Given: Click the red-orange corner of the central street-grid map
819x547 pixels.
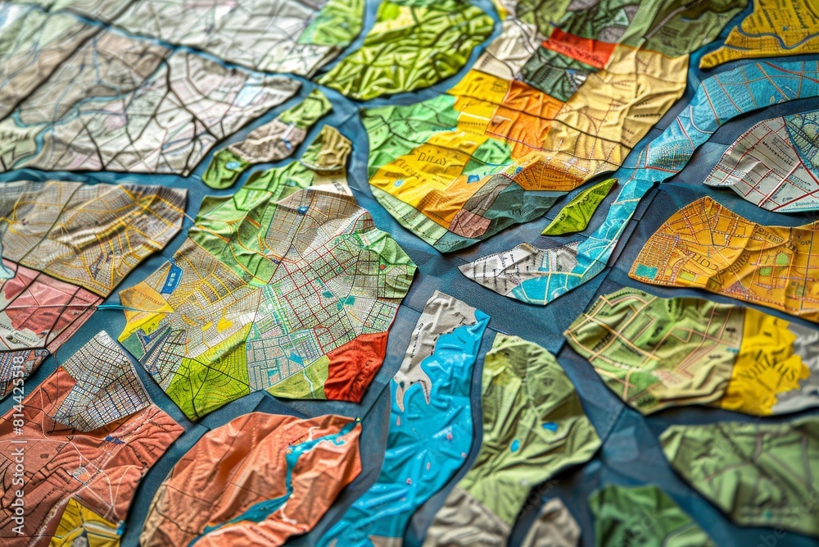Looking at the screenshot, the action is pyautogui.click(x=355, y=367).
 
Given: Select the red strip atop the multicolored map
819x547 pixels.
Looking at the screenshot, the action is pyautogui.click(x=578, y=48).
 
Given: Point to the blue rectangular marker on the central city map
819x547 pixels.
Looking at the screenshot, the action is pyautogui.click(x=171, y=279).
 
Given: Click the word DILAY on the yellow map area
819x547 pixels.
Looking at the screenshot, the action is pyautogui.click(x=431, y=159).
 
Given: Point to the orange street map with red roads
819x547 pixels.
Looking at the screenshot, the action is pyautogui.click(x=725, y=254).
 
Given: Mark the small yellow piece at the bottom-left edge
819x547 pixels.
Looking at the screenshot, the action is pyautogui.click(x=82, y=525).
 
